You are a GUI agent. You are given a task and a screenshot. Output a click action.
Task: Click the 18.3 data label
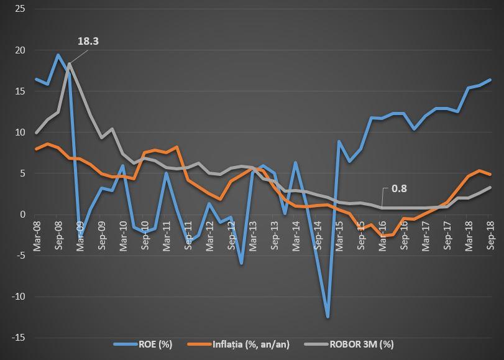pos(88,42)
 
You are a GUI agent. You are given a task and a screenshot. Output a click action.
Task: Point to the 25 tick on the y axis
pos(20,9)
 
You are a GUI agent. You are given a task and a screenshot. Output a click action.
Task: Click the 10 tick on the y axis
pos(20,132)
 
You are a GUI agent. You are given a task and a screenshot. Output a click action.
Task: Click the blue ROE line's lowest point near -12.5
pos(328,317)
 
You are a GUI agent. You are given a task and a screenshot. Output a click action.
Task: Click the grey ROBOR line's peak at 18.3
pos(69,64)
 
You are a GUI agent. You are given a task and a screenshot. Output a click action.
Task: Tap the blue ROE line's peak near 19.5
pos(58,55)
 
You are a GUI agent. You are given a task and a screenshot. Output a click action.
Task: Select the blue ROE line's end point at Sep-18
pos(490,80)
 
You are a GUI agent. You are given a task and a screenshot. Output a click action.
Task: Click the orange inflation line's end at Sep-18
pos(490,175)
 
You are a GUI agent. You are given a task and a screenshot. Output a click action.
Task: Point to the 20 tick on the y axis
pos(20,50)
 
